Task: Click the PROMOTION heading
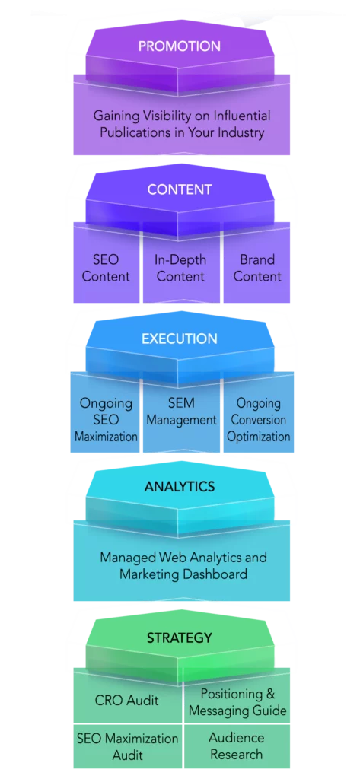click(180, 46)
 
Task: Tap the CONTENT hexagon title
click(180, 189)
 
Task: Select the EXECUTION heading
click(180, 339)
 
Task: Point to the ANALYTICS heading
click(180, 486)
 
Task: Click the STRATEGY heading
click(180, 638)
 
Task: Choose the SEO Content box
click(106, 263)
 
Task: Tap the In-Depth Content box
click(181, 263)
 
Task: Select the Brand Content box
click(257, 263)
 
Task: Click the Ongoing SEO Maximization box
click(106, 412)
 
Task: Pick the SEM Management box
click(181, 412)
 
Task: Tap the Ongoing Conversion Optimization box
click(259, 412)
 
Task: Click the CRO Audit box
click(127, 695)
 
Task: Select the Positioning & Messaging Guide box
click(237, 695)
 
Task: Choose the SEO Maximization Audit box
click(127, 746)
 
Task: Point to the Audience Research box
click(237, 746)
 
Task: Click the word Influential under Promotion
click(242, 116)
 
